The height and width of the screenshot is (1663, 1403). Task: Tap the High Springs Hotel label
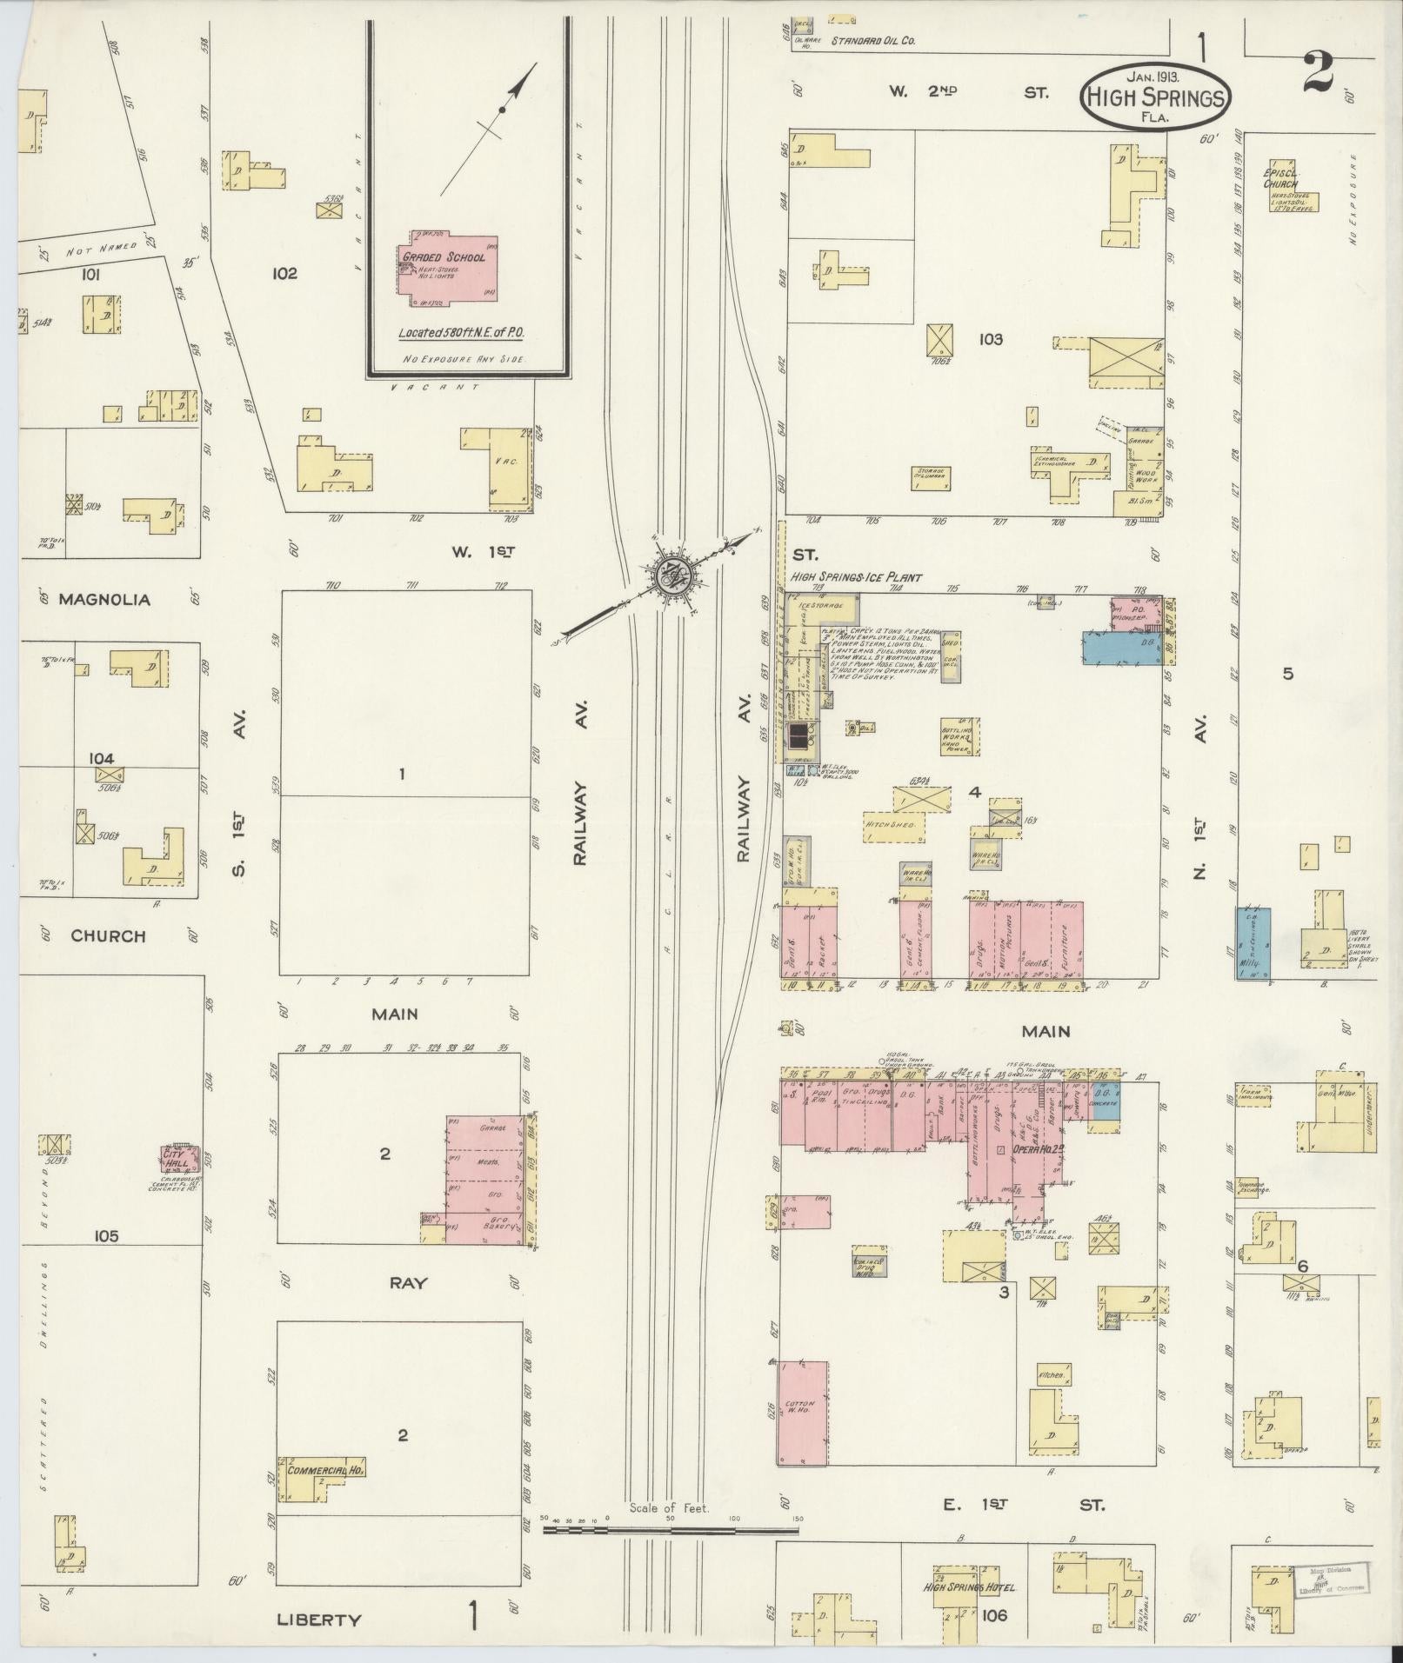[969, 1587]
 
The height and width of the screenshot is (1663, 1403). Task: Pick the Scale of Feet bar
[670, 1527]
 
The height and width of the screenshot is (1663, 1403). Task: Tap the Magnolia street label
[104, 600]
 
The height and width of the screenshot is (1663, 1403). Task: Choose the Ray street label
[407, 1282]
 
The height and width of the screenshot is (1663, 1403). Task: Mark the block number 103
[990, 339]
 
